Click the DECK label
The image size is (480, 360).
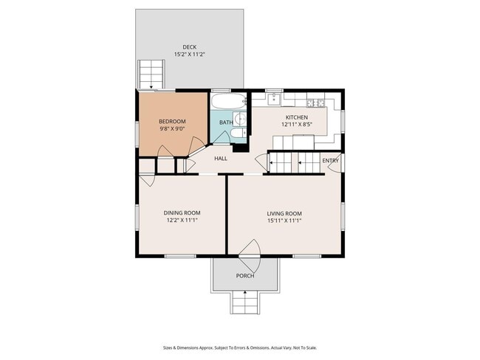pos(190,47)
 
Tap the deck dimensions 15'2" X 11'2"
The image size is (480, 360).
pos(190,55)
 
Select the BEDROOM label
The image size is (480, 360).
pos(172,122)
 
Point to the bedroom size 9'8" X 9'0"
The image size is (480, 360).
pos(172,129)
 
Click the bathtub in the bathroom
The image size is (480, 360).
pos(228,101)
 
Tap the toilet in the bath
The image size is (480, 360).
pos(239,133)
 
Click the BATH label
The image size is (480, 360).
pos(226,122)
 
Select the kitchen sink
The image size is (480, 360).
pos(273,99)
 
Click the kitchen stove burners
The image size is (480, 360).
pos(315,103)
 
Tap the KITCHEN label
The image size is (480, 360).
pos(297,117)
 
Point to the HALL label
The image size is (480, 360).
pos(221,159)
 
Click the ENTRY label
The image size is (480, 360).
pos(330,161)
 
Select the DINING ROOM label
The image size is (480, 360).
pos(182,213)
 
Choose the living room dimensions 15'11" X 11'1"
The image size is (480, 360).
pos(284,221)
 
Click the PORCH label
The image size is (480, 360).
pos(245,276)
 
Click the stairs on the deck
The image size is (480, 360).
pos(151,75)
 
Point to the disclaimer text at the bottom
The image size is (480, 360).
pos(240,347)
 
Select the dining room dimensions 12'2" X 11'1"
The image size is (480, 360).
pos(182,221)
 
